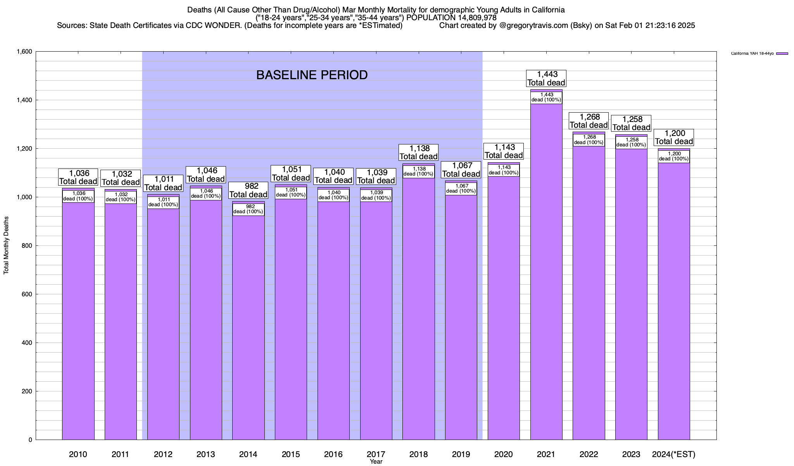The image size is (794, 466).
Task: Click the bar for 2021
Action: tap(546, 272)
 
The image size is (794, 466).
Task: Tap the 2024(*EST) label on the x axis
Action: tap(674, 454)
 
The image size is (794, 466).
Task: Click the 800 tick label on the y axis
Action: tap(27, 246)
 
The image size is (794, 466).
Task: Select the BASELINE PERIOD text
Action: tap(312, 75)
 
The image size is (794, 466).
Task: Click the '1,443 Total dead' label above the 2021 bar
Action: tap(546, 78)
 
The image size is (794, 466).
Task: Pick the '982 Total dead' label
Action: tap(249, 190)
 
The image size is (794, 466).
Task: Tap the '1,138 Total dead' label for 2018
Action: tap(419, 152)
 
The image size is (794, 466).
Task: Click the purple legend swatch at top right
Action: tap(782, 54)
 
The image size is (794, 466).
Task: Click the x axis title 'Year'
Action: tap(376, 461)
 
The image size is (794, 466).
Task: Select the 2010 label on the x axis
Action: tap(78, 454)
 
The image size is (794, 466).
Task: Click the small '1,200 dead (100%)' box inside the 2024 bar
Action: tap(674, 156)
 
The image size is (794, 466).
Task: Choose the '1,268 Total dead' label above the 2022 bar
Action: tap(589, 121)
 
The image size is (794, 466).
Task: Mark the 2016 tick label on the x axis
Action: tap(333, 454)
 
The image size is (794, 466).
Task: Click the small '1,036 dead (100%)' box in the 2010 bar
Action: tap(78, 196)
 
